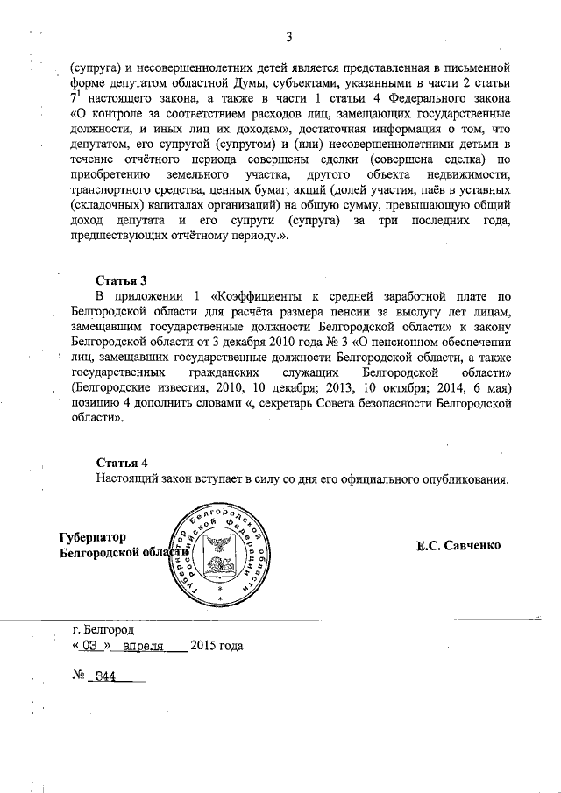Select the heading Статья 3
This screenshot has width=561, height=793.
click(x=123, y=280)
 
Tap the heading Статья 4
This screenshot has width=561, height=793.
click(x=123, y=462)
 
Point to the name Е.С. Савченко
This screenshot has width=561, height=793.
click(x=458, y=545)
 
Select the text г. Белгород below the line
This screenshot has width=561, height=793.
click(x=104, y=629)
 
